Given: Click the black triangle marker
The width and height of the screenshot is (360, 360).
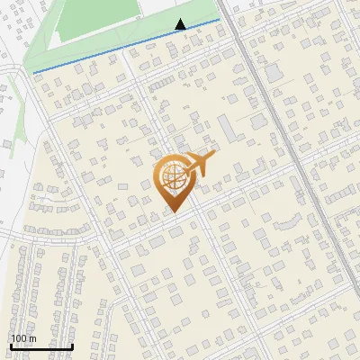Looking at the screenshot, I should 181,24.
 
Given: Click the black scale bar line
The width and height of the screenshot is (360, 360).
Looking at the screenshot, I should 41,346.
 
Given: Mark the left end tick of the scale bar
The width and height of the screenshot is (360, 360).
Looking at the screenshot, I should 11,345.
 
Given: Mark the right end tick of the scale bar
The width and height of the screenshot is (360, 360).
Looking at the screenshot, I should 72,345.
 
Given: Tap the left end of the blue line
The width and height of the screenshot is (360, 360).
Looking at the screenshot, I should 34,72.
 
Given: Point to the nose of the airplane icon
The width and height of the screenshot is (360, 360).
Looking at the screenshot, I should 213,157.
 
